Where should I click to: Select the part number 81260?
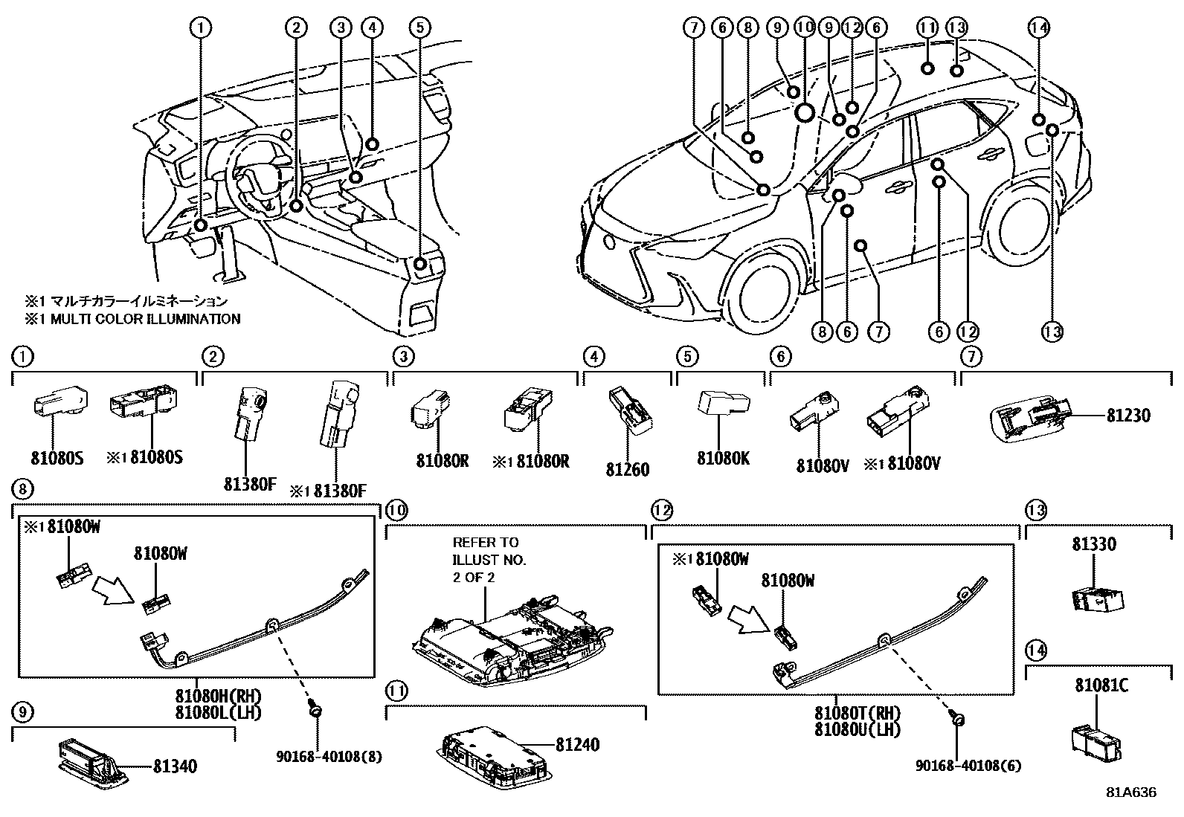pos(627,469)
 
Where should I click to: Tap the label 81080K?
pos(723,458)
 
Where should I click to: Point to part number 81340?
pos(176,766)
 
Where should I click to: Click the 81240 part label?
pos(577,745)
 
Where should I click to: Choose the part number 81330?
pos(1093,544)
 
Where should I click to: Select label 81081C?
pos(1101,685)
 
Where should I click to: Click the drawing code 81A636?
pos(1130,792)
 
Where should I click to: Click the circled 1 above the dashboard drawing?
pos(200,28)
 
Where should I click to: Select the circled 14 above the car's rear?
pos(1038,28)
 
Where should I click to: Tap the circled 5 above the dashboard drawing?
pos(419,28)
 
